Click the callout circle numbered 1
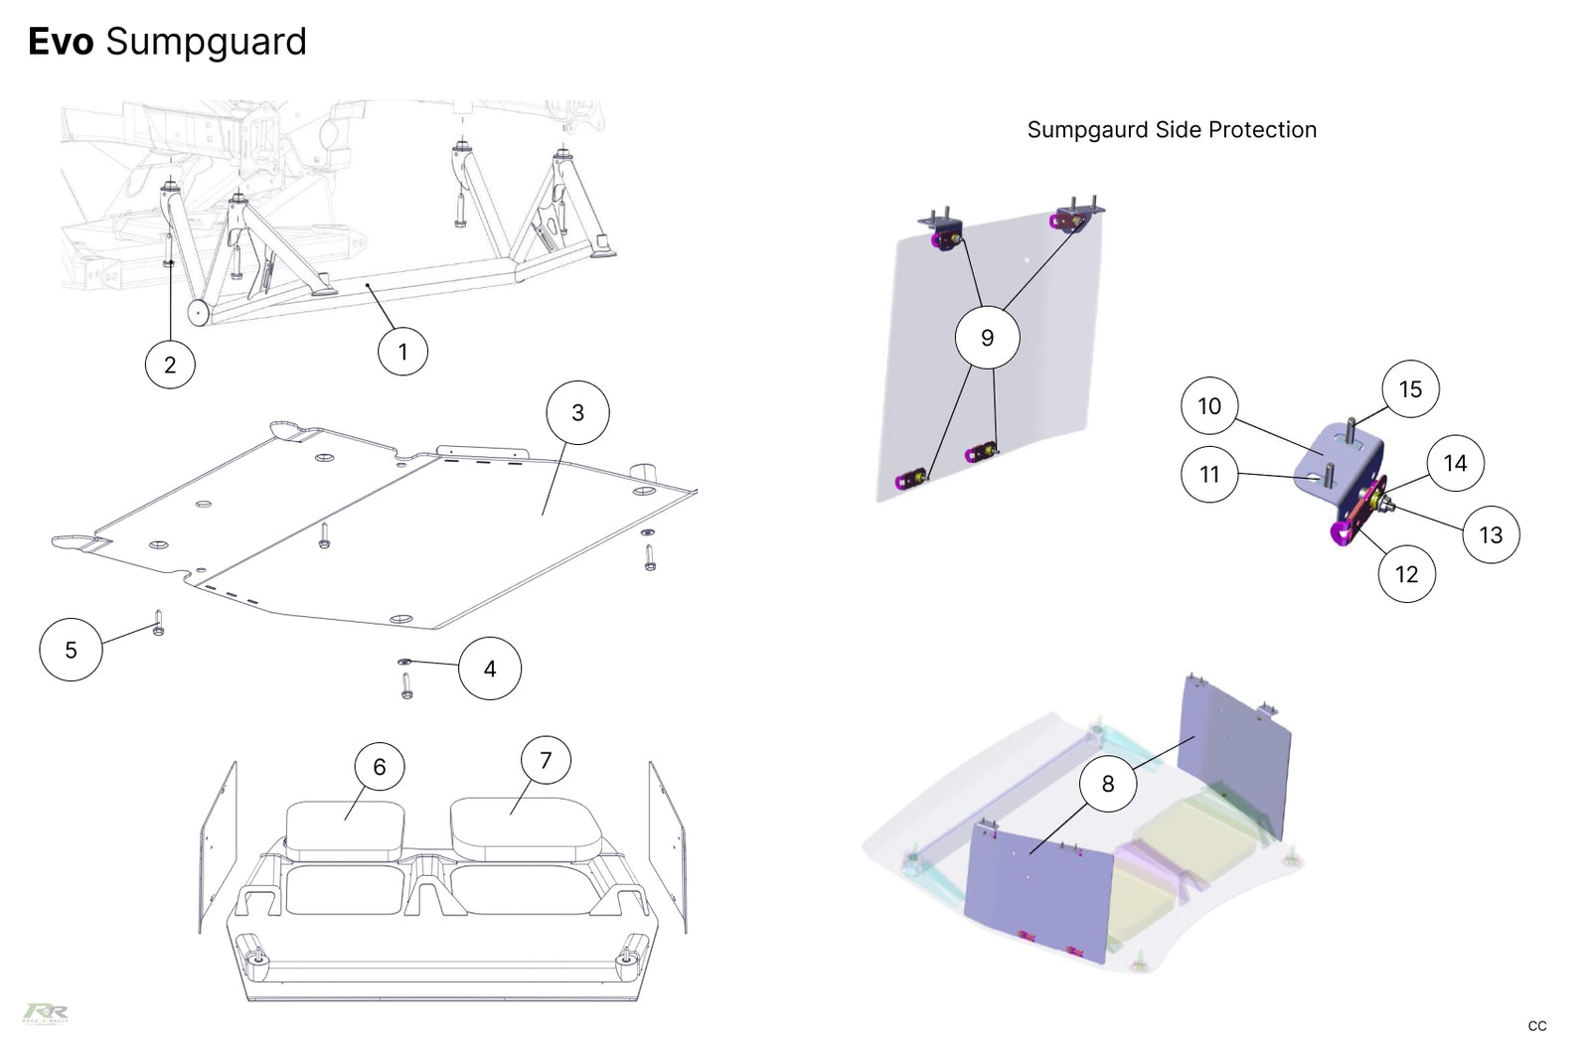(402, 351)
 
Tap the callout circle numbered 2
(170, 364)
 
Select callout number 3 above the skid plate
(577, 412)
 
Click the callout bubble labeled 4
(490, 669)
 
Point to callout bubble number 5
(71, 649)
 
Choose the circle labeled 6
(380, 766)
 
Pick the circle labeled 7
(546, 760)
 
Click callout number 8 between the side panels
(1108, 784)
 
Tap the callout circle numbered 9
(987, 338)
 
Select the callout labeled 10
(1209, 405)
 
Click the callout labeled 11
(1209, 474)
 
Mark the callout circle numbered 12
(1406, 573)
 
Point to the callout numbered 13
(1491, 534)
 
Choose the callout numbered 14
(1455, 463)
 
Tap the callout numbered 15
(1410, 388)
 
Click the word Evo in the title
(61, 42)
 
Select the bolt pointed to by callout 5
(159, 623)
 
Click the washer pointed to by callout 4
(404, 662)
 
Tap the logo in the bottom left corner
(46, 1012)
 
